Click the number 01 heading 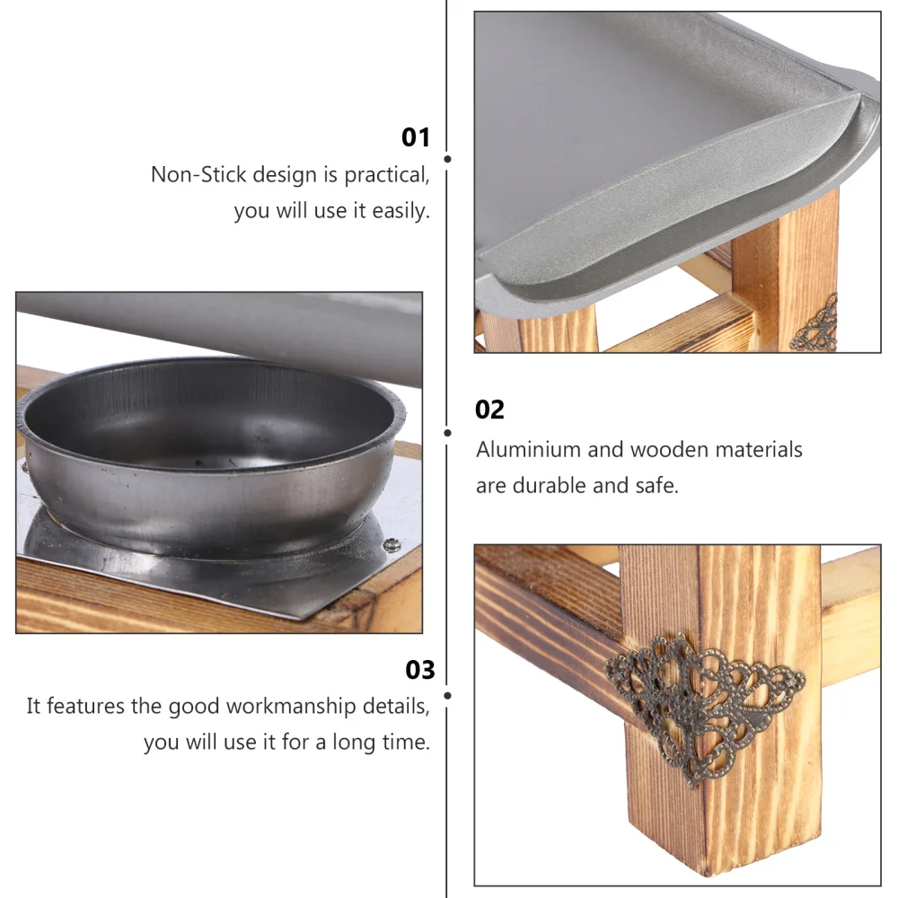[416, 137]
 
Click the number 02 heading [489, 410]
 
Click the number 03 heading [419, 670]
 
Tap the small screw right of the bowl [392, 542]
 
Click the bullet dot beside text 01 [447, 159]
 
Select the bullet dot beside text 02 [447, 433]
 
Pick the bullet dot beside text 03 [447, 694]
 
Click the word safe [661, 486]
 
